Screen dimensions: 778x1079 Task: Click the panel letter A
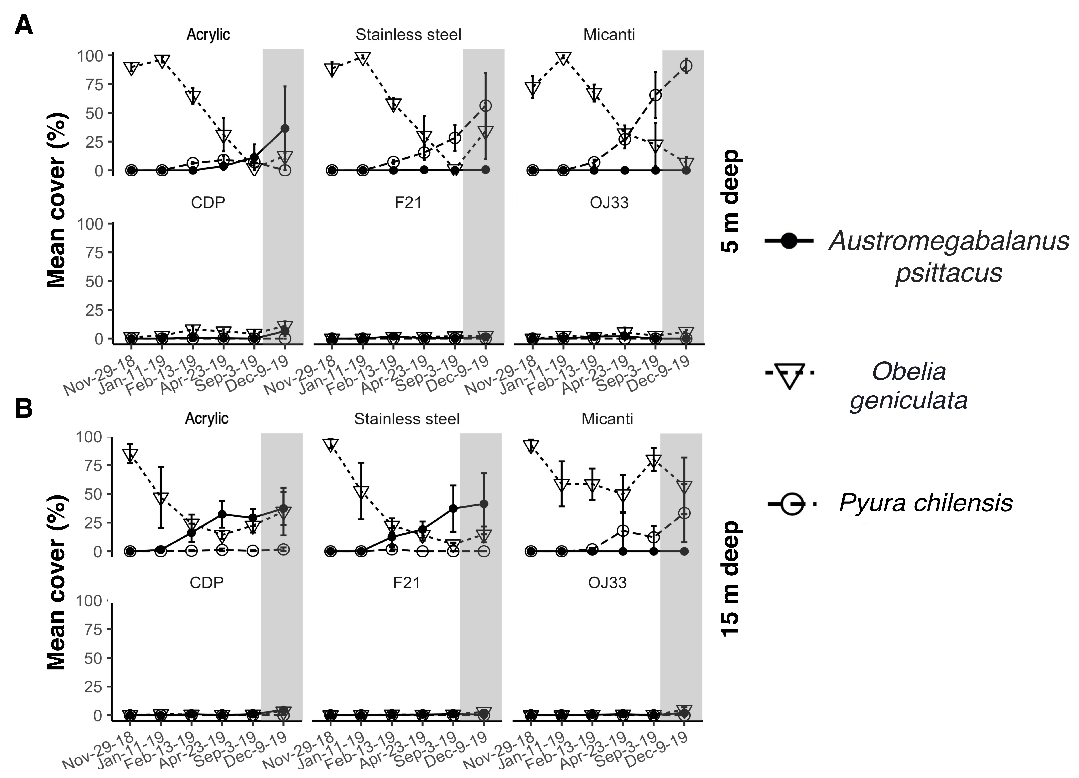pos(24,25)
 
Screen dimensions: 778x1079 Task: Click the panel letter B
pos(24,408)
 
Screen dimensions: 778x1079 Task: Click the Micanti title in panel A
pos(609,35)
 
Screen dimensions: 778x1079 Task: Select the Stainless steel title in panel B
pos(407,419)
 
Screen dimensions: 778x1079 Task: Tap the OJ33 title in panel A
pos(609,203)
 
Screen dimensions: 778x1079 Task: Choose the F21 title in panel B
pos(407,583)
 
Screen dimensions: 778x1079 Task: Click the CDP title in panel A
pos(208,203)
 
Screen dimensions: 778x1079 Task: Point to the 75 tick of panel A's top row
pos(94,85)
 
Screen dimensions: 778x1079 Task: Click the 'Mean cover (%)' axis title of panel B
pos(56,583)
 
